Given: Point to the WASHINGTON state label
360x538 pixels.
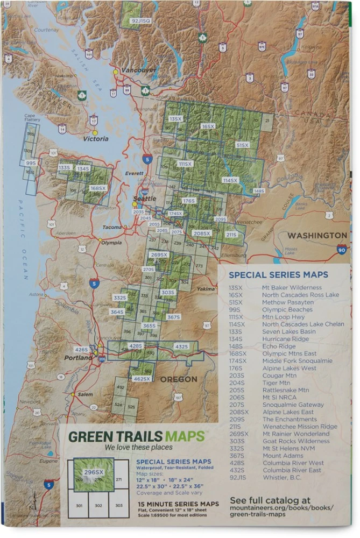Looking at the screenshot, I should click(317, 236).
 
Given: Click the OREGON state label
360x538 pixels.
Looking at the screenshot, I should click(179, 380).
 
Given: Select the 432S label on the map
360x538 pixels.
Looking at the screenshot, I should click(182, 346).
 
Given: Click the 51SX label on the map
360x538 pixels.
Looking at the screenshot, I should click(243, 145).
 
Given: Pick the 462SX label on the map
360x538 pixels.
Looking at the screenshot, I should click(142, 379).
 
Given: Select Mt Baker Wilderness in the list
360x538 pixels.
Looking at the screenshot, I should click(292, 288).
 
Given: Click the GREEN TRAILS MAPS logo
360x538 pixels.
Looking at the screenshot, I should click(136, 436).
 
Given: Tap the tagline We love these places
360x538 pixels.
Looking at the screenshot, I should click(138, 448).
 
